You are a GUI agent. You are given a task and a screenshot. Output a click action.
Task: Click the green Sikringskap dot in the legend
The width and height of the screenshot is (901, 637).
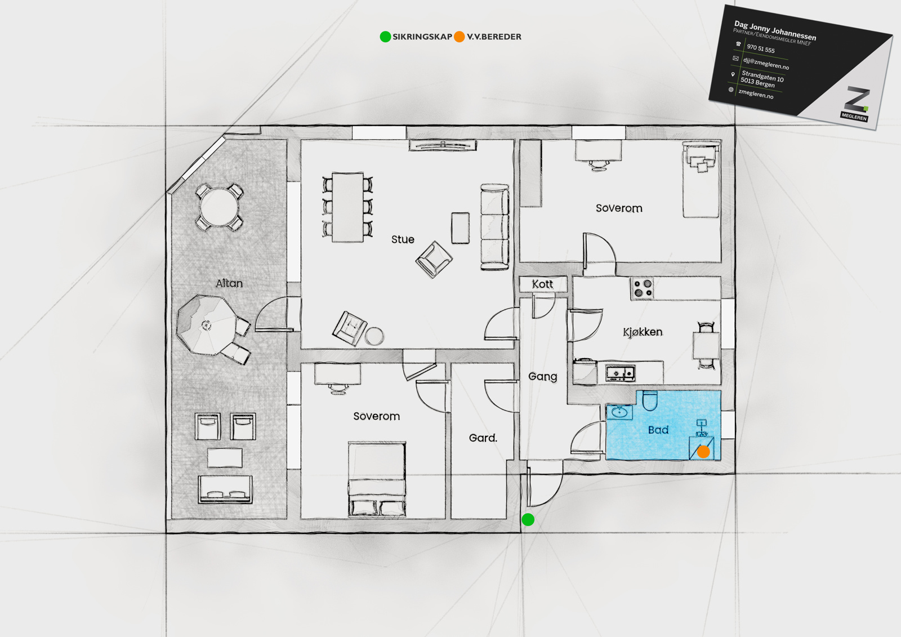[x=385, y=37]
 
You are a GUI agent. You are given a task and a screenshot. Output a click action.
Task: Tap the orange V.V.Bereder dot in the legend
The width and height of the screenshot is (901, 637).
[x=460, y=37]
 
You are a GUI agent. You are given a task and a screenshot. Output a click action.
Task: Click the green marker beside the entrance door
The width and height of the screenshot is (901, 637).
[x=528, y=519]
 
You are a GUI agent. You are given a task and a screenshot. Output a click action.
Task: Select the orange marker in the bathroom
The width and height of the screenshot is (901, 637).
[x=703, y=452]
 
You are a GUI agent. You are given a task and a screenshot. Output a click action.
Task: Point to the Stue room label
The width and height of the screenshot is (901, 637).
[x=403, y=239]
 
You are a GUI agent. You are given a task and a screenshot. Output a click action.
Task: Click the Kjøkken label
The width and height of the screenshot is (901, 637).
[x=643, y=332]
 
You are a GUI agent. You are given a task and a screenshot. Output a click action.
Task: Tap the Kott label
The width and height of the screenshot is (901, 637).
[x=543, y=284]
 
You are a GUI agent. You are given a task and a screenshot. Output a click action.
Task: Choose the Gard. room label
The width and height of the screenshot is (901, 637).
[x=483, y=438]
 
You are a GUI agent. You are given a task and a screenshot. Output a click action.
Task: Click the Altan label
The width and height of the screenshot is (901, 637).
[x=229, y=283]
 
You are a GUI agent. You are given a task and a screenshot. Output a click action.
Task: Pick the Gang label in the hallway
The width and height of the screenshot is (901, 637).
[x=543, y=377]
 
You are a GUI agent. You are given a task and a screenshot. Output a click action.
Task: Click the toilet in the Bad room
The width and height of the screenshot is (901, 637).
[x=650, y=400]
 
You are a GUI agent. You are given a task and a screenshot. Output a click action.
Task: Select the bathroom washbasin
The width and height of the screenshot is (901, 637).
[x=619, y=412]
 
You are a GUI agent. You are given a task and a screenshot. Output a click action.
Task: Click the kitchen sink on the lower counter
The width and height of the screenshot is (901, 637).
[x=620, y=373]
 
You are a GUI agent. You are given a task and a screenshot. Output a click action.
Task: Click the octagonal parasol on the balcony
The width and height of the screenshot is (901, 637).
[x=207, y=325]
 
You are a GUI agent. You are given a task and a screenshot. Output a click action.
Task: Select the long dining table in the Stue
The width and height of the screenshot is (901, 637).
[x=347, y=207]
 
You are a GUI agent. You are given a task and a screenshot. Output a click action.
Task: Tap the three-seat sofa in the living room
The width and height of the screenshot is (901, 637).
[x=495, y=227]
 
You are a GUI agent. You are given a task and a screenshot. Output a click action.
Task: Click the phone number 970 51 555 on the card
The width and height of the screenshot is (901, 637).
[x=761, y=48]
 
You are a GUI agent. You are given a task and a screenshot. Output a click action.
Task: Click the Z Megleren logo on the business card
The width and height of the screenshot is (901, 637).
[x=855, y=104]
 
